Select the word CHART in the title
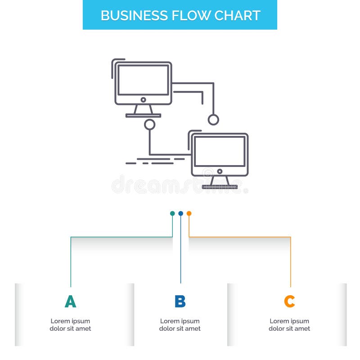point(238,15)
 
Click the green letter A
point(70,301)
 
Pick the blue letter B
point(180,301)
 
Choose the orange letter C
point(289,301)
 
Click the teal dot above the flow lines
point(172,213)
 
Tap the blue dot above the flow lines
point(180,213)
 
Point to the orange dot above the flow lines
point(189,213)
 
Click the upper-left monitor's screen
point(143,80)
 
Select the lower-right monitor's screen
point(220,151)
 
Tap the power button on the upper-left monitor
point(143,100)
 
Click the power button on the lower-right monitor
point(220,171)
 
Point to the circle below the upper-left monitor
point(149,125)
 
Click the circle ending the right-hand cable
point(213,120)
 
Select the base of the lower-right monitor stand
point(220,187)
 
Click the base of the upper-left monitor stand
point(143,116)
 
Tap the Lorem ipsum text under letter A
point(70,325)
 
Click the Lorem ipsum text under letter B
point(180,325)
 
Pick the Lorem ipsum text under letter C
point(289,325)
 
